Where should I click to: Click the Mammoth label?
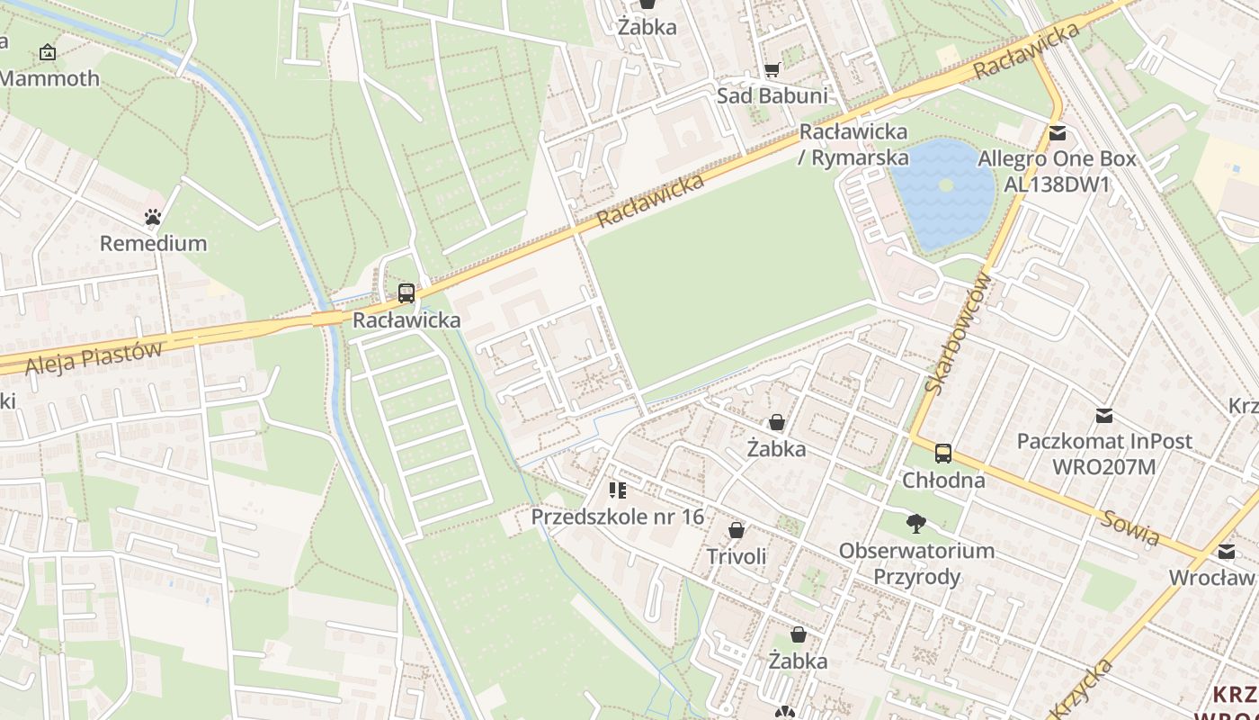tap(49, 78)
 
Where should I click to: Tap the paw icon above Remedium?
tap(153, 217)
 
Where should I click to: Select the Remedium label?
tap(153, 243)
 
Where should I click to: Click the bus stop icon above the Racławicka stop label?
tap(406, 292)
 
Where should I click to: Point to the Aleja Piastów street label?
tap(94, 357)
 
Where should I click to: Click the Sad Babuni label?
tap(772, 95)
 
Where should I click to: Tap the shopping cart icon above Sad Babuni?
tap(772, 69)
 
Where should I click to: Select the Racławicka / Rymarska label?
tap(853, 144)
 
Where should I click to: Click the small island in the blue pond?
tap(945, 184)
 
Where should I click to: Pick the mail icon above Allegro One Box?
tap(1058, 133)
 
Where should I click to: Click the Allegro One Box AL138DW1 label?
tap(1058, 172)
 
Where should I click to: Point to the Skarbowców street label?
tap(959, 333)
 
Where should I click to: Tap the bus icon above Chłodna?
tap(943, 454)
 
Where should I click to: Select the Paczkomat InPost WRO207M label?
tap(1104, 454)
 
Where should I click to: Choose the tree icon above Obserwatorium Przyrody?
tap(916, 523)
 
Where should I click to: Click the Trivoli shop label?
tap(737, 556)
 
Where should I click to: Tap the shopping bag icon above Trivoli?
tap(737, 530)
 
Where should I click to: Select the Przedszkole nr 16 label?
tap(617, 517)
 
